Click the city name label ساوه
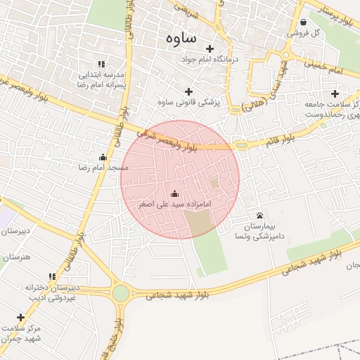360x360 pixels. [x=182, y=38]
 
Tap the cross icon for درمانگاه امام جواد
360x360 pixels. [x=210, y=49]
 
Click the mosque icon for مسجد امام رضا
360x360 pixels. [x=103, y=157]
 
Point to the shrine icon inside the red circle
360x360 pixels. [x=174, y=193]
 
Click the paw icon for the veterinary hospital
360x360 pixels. [x=260, y=215]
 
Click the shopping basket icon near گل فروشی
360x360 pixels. [x=302, y=22]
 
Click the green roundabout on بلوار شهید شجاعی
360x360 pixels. [x=121, y=292]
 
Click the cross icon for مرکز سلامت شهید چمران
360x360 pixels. [x=20, y=317]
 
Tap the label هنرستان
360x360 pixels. [x=18, y=257]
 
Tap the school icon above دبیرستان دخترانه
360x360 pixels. [x=51, y=277]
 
